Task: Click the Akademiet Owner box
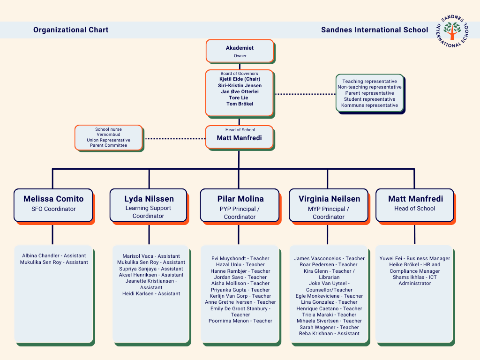coord(240,51)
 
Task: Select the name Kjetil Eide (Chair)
coord(240,79)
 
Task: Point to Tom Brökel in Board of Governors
coord(240,104)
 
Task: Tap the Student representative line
coord(369,99)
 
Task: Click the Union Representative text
coord(108,140)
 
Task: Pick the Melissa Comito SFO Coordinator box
coord(53,204)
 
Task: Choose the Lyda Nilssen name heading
coord(149,199)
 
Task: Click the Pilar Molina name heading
coord(240,199)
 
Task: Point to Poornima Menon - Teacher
coord(240,321)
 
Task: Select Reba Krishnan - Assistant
coord(329,333)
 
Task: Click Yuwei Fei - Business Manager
coord(415,258)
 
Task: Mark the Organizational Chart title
coord(71,30)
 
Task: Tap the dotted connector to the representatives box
coord(305,94)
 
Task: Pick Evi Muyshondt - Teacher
coord(240,258)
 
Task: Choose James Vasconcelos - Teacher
coord(329,258)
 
